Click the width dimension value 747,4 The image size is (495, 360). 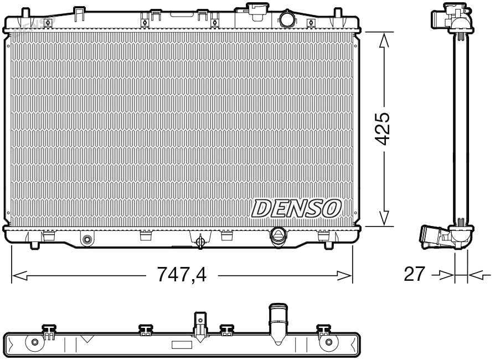(x=182, y=274)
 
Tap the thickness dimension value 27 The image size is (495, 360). (x=414, y=274)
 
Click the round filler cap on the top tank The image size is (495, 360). (x=288, y=19)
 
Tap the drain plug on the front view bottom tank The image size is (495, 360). (x=200, y=240)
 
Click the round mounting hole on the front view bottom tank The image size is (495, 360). (x=86, y=240)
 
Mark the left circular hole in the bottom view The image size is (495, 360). (x=35, y=342)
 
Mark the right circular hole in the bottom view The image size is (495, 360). (x=329, y=342)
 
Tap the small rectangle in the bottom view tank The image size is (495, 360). (x=181, y=345)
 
